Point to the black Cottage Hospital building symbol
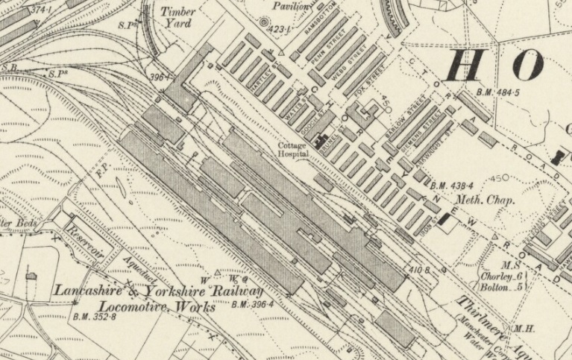[x=324, y=139]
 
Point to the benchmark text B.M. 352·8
[x=95, y=317]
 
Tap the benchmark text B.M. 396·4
[x=252, y=304]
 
